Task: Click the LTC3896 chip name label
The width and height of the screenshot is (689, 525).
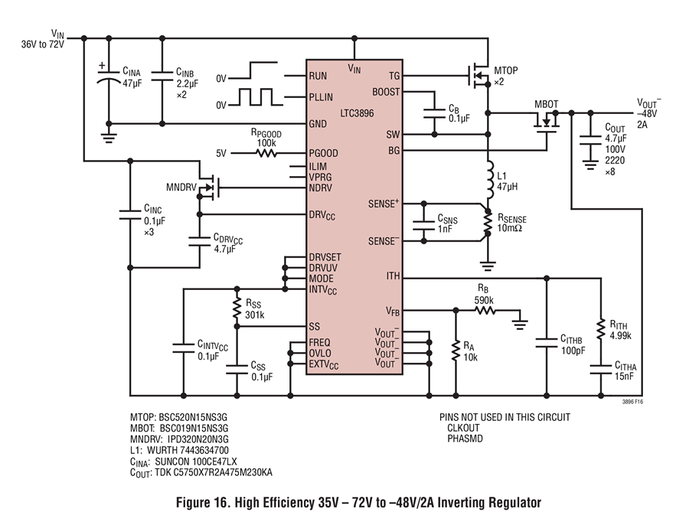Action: click(x=357, y=113)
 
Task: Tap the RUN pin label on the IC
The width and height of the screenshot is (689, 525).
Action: click(x=318, y=76)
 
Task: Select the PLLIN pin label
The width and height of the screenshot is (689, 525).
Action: click(x=321, y=97)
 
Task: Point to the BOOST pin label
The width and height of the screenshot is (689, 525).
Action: click(x=386, y=93)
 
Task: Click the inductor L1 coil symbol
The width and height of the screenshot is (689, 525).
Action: click(x=489, y=180)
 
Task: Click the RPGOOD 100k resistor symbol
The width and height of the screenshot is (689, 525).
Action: click(x=266, y=153)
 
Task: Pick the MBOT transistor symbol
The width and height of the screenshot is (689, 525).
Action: click(x=547, y=120)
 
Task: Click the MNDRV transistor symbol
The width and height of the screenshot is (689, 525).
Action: click(x=209, y=187)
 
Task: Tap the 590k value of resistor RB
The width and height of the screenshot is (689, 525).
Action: click(x=484, y=301)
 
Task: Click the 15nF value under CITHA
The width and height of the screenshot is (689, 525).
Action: click(x=624, y=377)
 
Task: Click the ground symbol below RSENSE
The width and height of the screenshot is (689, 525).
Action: click(x=488, y=266)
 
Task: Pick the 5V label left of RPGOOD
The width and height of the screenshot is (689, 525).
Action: click(x=221, y=153)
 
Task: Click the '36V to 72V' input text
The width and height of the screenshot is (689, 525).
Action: click(x=43, y=44)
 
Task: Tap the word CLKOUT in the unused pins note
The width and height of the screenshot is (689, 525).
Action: click(x=464, y=428)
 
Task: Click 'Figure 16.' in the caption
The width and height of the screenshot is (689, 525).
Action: click(x=203, y=502)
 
